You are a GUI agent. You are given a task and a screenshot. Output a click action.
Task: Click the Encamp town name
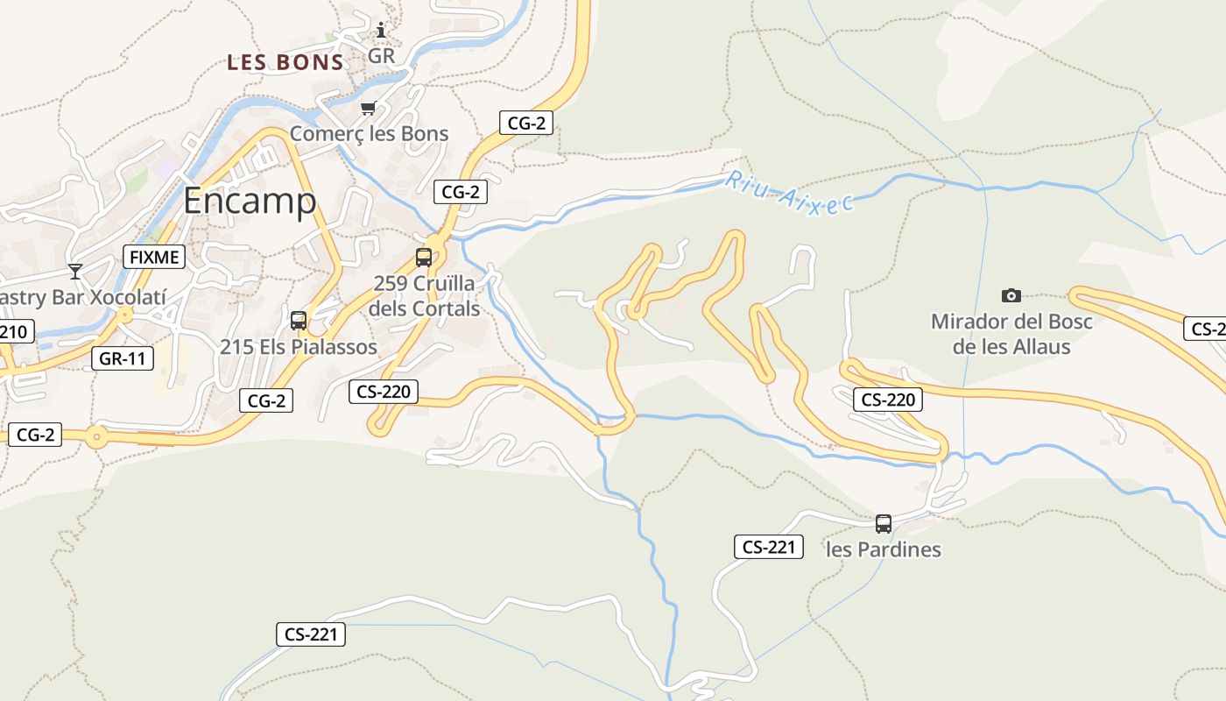(250, 202)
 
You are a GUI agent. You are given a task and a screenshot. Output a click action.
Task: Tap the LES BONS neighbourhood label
(285, 62)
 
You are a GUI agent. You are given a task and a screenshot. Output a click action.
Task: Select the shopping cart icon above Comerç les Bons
(368, 109)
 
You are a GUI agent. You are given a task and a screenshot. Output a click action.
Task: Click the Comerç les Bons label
(369, 134)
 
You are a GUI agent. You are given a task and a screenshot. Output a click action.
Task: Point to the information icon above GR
(381, 31)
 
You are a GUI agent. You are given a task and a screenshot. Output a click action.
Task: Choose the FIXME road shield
(154, 257)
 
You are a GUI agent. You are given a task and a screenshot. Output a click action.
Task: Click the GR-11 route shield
(123, 358)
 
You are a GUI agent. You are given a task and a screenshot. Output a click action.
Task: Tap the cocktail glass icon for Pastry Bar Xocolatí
(75, 272)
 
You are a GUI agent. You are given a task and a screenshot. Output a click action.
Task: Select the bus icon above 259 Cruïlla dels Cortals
(424, 258)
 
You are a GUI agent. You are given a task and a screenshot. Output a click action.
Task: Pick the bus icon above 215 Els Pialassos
(299, 321)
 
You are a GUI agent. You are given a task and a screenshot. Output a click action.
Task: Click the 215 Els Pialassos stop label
(299, 347)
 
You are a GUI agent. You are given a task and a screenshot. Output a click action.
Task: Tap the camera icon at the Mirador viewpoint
(1011, 295)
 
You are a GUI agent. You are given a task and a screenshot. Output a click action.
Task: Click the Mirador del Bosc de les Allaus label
(1011, 334)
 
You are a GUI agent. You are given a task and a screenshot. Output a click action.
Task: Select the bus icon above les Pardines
(884, 524)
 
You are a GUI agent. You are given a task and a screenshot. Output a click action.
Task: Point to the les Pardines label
(884, 549)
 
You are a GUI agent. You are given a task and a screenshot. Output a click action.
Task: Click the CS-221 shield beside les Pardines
(768, 548)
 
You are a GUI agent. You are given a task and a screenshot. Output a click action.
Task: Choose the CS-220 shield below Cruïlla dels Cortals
(384, 392)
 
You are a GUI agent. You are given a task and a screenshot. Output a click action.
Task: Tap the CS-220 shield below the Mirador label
(888, 400)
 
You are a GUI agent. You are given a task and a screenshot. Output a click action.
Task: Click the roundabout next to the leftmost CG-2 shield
(96, 435)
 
